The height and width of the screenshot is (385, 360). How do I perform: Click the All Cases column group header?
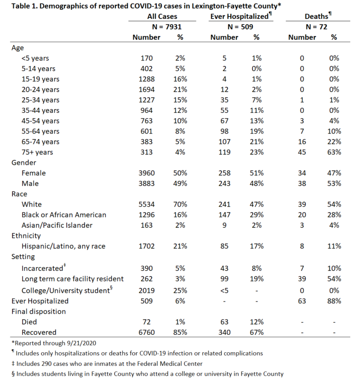(x=162, y=16)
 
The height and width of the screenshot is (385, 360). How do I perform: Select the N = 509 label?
(x=240, y=27)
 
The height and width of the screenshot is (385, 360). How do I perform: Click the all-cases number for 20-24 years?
(x=146, y=89)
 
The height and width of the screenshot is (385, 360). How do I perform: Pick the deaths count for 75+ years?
(x=302, y=152)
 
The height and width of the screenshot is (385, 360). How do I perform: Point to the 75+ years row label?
(x=37, y=152)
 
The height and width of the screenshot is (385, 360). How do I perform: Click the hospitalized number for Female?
(x=225, y=173)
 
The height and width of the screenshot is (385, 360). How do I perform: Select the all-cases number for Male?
(x=146, y=184)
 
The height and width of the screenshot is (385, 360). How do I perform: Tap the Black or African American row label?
(x=64, y=215)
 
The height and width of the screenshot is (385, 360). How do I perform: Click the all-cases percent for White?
(x=180, y=205)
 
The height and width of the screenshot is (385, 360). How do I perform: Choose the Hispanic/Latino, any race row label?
(x=63, y=246)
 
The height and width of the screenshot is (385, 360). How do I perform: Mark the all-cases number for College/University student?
(x=146, y=291)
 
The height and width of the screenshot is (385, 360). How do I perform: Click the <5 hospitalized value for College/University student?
(x=225, y=291)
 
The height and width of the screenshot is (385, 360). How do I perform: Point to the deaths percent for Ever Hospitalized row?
(x=334, y=301)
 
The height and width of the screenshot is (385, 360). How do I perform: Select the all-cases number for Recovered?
(x=146, y=333)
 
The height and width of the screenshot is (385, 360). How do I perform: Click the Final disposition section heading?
(x=38, y=311)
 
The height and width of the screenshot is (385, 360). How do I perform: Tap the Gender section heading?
(x=24, y=163)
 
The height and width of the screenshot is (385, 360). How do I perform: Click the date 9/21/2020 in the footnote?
(x=80, y=343)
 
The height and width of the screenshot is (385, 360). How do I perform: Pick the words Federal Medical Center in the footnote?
(x=170, y=363)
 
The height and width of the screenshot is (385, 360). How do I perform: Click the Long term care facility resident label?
(x=73, y=279)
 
